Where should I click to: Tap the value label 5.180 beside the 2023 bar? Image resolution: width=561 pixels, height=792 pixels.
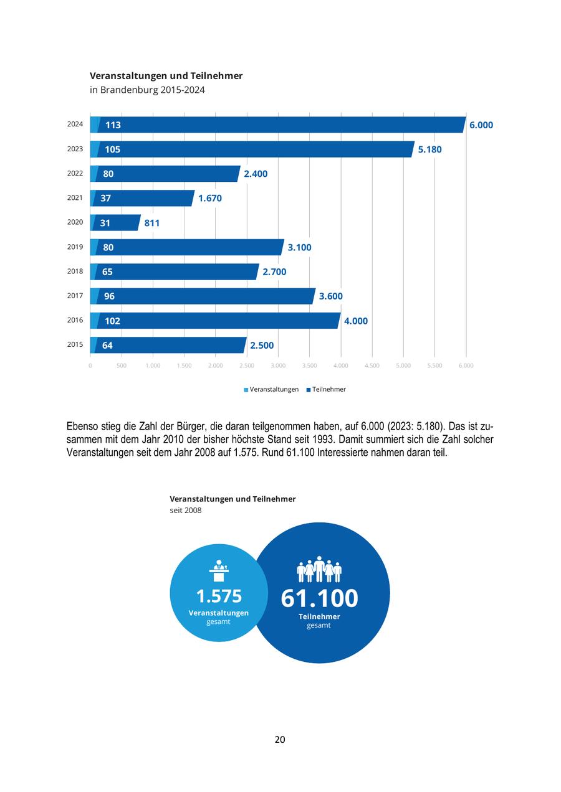click(429, 149)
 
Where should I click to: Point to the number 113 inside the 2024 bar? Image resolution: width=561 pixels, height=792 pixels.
click(113, 125)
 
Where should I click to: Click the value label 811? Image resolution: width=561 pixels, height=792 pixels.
click(152, 223)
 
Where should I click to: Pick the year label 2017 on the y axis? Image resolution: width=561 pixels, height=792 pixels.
click(75, 296)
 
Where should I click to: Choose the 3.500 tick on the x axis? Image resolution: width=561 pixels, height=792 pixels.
click(309, 365)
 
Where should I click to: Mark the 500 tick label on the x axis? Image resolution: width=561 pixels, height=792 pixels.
click(122, 365)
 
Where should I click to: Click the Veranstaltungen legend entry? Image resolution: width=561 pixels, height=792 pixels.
click(271, 389)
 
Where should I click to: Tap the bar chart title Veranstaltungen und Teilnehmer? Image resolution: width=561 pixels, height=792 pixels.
click(166, 76)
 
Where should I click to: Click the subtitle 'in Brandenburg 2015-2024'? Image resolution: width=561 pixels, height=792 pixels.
click(147, 90)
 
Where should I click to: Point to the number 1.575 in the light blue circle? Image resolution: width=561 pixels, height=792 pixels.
click(219, 596)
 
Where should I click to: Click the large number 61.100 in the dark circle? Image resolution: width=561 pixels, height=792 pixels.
click(319, 598)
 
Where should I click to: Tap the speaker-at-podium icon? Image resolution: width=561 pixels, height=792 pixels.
click(219, 570)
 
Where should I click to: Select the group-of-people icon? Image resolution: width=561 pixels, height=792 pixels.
click(319, 569)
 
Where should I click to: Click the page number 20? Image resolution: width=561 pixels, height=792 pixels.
click(280, 740)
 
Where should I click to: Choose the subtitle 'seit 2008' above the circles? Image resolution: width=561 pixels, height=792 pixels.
click(186, 511)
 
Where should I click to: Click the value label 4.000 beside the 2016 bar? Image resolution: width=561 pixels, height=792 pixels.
click(356, 321)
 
